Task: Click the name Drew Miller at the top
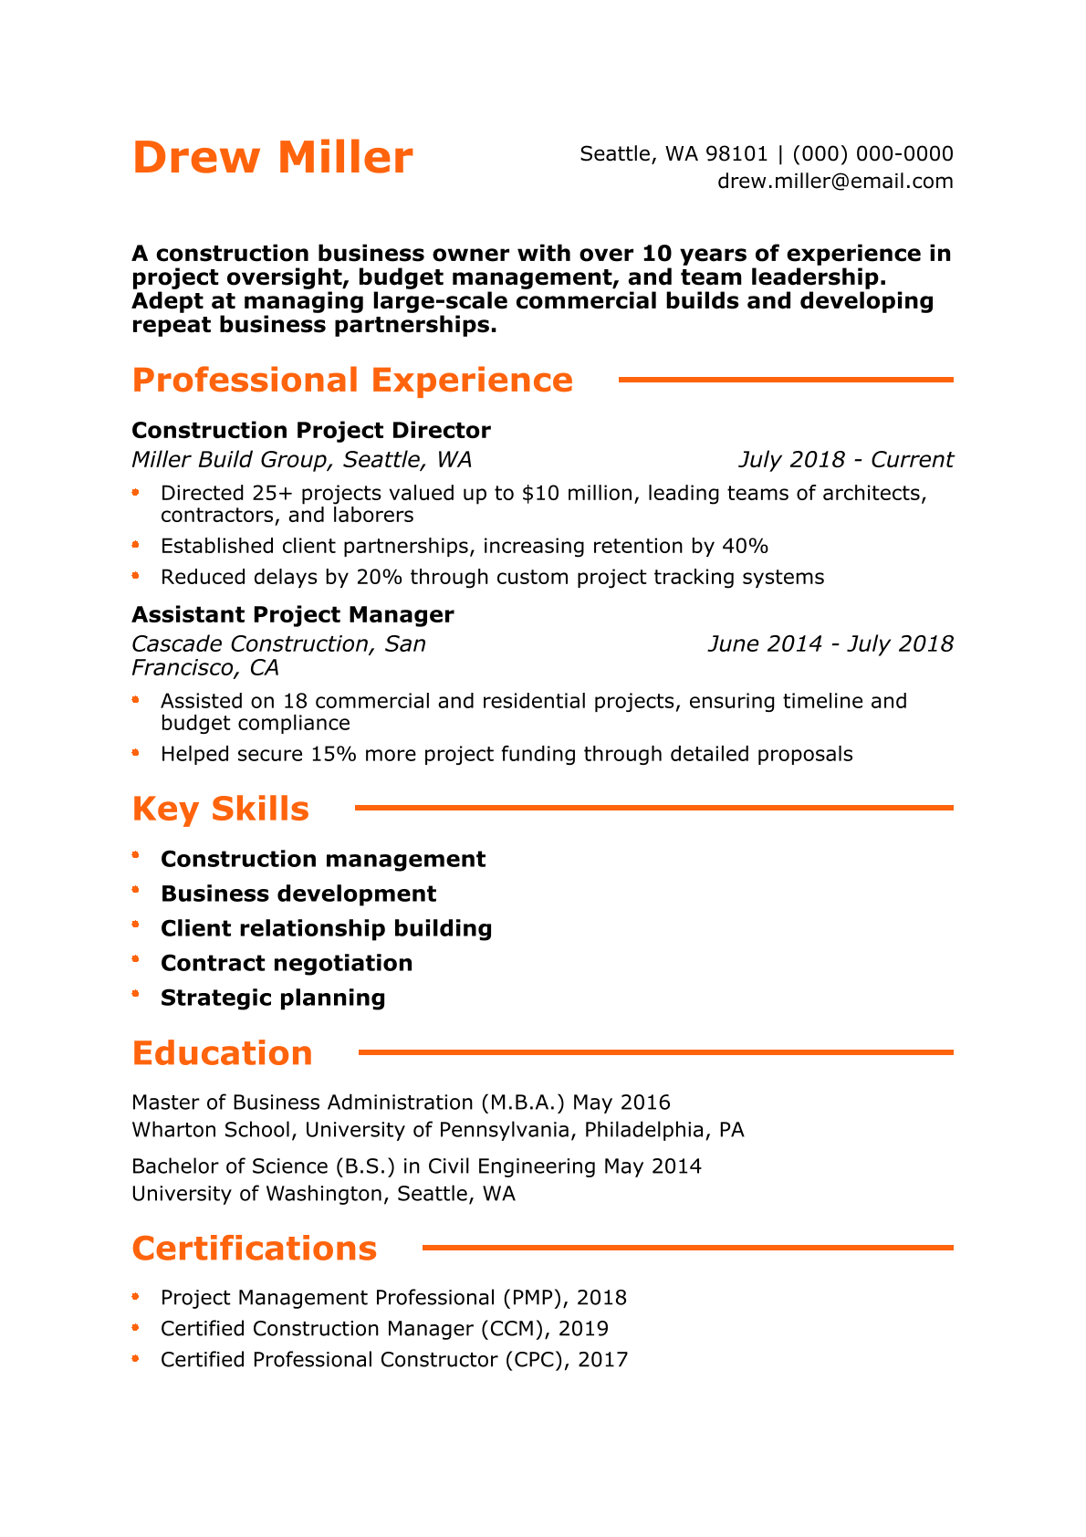(272, 157)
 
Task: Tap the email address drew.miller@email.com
(835, 181)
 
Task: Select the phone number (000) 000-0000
(872, 153)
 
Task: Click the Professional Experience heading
(352, 380)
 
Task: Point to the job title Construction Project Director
(311, 430)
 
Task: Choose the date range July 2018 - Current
(845, 459)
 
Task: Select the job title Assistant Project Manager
(293, 614)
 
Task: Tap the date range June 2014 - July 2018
(830, 643)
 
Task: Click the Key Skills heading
(221, 809)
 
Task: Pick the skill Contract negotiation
(287, 963)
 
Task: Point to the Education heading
(222, 1052)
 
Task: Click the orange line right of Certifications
(687, 1247)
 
